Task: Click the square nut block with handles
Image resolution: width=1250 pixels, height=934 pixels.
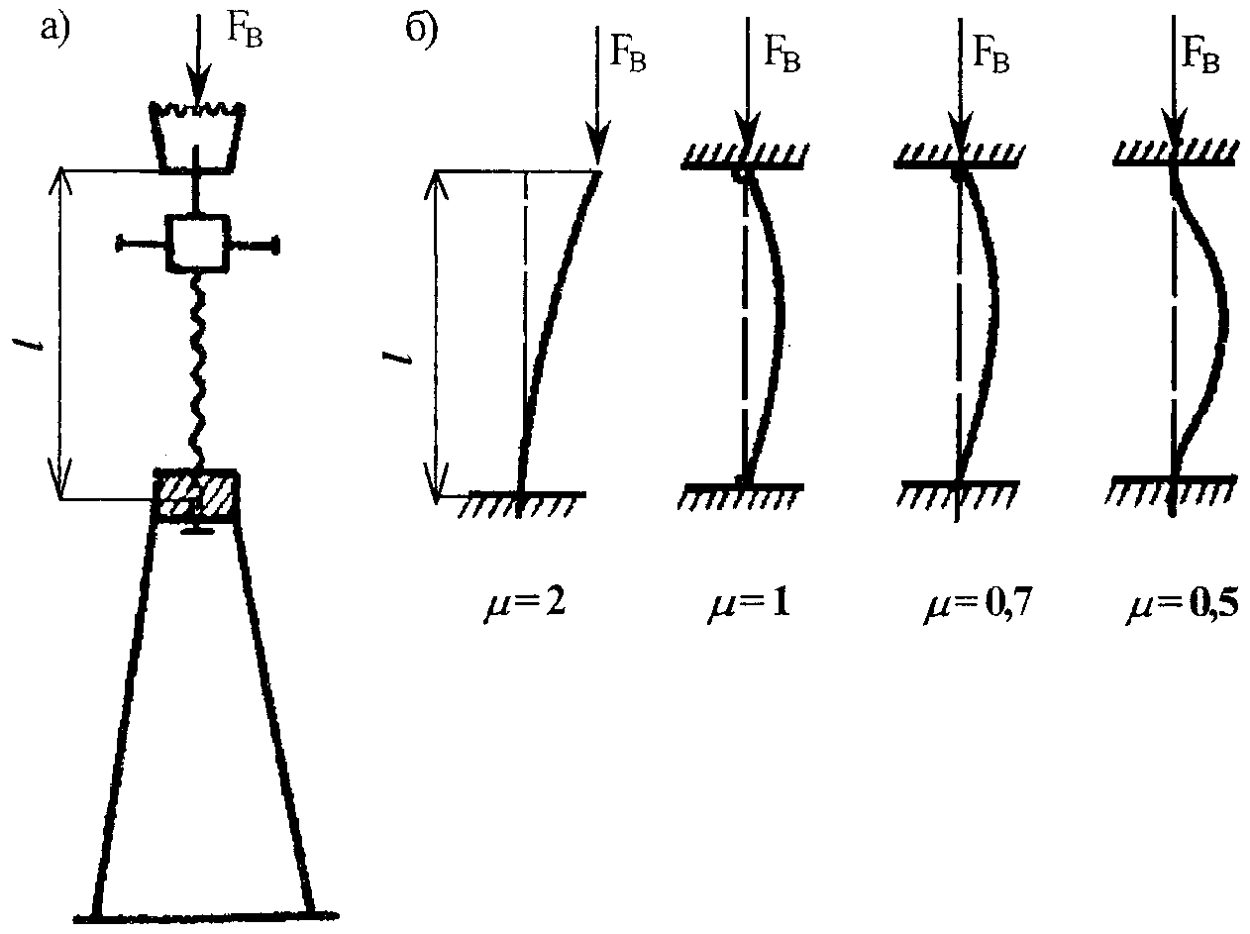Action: [x=198, y=241]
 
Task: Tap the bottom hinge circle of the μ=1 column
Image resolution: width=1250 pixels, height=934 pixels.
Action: [x=742, y=480]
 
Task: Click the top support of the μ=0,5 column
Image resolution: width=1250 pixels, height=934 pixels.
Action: [x=1173, y=156]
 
